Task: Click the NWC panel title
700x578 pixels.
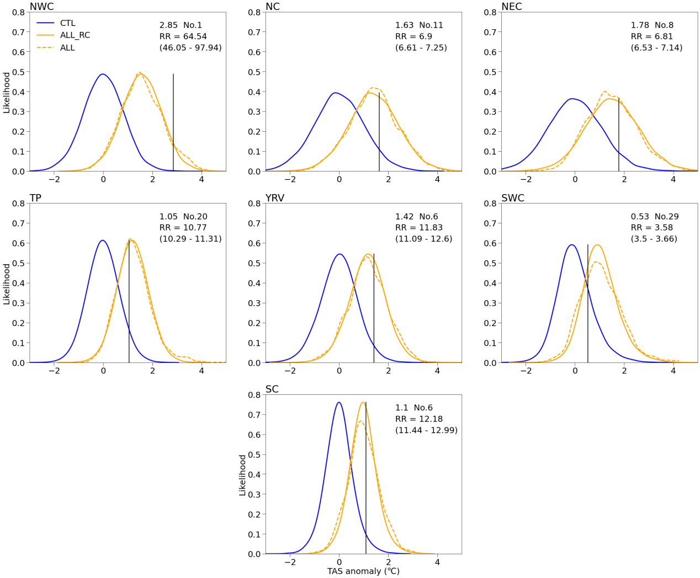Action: click(x=41, y=7)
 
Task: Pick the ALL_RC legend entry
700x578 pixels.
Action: click(x=75, y=35)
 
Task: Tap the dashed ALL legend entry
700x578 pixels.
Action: click(x=67, y=48)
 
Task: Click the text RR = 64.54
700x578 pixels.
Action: click(x=183, y=36)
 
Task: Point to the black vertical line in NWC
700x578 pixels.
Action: click(x=173, y=121)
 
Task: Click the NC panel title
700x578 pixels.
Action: click(x=273, y=7)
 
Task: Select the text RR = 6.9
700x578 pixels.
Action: click(x=413, y=36)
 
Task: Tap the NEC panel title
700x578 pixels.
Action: click(x=512, y=7)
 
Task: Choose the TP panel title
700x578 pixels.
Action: click(x=35, y=198)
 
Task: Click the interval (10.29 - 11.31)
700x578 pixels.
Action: click(x=190, y=239)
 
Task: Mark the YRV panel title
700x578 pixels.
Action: click(x=275, y=198)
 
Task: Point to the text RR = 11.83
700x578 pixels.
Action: click(x=418, y=228)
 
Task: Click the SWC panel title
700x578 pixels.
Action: click(x=513, y=198)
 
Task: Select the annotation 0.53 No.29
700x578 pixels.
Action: click(x=655, y=217)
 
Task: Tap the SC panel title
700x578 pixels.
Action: click(x=272, y=389)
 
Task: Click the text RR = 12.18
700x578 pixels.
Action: click(x=418, y=419)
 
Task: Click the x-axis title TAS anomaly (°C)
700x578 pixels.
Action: click(x=363, y=571)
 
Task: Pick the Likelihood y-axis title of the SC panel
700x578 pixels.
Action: click(x=242, y=475)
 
